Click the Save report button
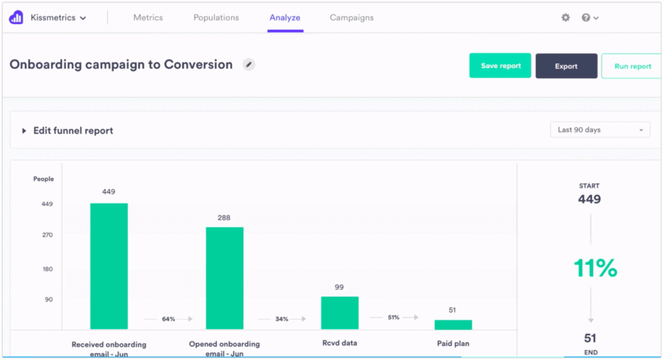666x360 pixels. tap(500, 66)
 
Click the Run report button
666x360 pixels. tap(632, 66)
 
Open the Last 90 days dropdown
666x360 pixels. tap(600, 130)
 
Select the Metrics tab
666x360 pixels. tap(148, 17)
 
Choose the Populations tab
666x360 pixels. tap(216, 17)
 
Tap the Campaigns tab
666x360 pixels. tap(351, 17)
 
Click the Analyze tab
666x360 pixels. tap(285, 17)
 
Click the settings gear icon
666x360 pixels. tap(565, 17)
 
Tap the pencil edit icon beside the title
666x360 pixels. tap(248, 64)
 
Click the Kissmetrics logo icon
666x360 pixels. tap(16, 17)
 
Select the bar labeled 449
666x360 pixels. tap(109, 266)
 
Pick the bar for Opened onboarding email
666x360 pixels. tap(224, 278)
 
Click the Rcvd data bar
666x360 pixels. tap(340, 313)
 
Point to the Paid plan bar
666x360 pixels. tap(453, 324)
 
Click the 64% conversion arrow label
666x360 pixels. tap(168, 318)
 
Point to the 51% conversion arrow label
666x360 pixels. tap(393, 317)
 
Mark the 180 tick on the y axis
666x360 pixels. tap(47, 269)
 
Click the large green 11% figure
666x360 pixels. tap(595, 268)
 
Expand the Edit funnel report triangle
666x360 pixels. tap(24, 130)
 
